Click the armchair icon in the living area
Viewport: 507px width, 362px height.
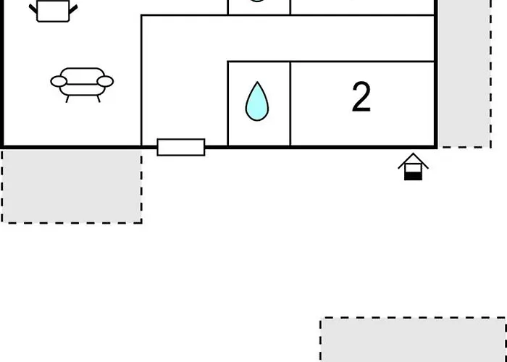(82, 85)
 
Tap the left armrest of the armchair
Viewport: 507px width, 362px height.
(59, 81)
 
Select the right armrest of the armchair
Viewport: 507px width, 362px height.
(105, 81)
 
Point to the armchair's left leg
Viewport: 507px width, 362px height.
(67, 99)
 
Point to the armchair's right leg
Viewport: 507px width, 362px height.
(99, 99)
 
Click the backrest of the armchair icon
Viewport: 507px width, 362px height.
(82, 76)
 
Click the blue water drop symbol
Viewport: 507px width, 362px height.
(257, 101)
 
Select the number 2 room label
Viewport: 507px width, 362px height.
(361, 97)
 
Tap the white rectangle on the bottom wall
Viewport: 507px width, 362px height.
(181, 148)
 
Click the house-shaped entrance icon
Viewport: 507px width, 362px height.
(414, 167)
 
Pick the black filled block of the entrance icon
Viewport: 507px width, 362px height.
(414, 176)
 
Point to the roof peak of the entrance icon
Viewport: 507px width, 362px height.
(414, 153)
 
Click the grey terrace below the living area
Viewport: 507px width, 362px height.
(72, 186)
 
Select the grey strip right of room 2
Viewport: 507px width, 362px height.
(464, 74)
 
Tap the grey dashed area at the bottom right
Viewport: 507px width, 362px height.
(414, 340)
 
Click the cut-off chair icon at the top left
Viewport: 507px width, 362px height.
(54, 10)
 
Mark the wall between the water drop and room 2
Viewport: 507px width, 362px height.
(290, 104)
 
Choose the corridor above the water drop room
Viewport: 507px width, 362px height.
(288, 38)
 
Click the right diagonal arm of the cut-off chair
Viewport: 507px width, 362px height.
(73, 9)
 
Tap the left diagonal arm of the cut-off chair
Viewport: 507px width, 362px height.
(33, 9)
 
